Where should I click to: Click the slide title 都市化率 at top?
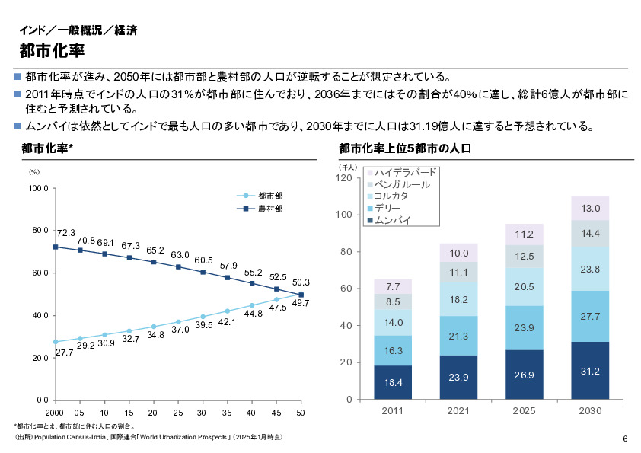pyautogui.click(x=52, y=51)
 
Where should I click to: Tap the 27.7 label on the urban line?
pyautogui.click(x=64, y=353)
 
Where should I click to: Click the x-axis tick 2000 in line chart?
pyautogui.click(x=55, y=412)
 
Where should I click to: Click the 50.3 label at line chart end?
pyautogui.click(x=300, y=283)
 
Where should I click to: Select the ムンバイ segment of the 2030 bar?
pyautogui.click(x=590, y=371)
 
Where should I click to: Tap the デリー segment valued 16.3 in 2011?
pyautogui.click(x=393, y=351)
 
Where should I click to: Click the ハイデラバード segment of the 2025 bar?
pyautogui.click(x=525, y=234)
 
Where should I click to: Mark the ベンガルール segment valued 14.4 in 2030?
pyautogui.click(x=590, y=233)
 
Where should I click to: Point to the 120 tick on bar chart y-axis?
pyautogui.click(x=343, y=178)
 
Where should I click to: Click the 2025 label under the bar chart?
pyautogui.click(x=525, y=411)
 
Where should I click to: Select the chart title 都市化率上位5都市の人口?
pyautogui.click(x=406, y=148)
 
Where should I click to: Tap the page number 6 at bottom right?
pyautogui.click(x=625, y=439)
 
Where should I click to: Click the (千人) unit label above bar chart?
pyautogui.click(x=348, y=166)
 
